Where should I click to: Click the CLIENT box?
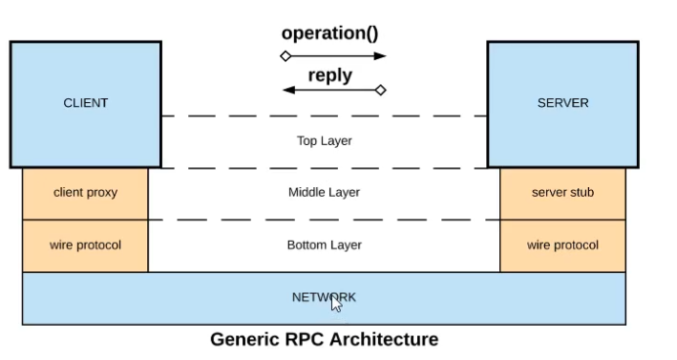click(86, 103)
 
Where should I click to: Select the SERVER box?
click(562, 103)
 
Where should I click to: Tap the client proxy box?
click(85, 193)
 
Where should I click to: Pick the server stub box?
click(562, 193)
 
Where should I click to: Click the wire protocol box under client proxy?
click(85, 245)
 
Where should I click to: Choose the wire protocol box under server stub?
click(562, 245)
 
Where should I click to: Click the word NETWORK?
click(323, 298)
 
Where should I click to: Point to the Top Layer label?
click(324, 140)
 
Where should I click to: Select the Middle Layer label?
click(324, 193)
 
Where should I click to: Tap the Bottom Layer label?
click(324, 245)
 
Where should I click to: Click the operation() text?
click(329, 33)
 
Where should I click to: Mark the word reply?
click(329, 75)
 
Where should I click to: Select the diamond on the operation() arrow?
click(285, 56)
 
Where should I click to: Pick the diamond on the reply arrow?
click(380, 91)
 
